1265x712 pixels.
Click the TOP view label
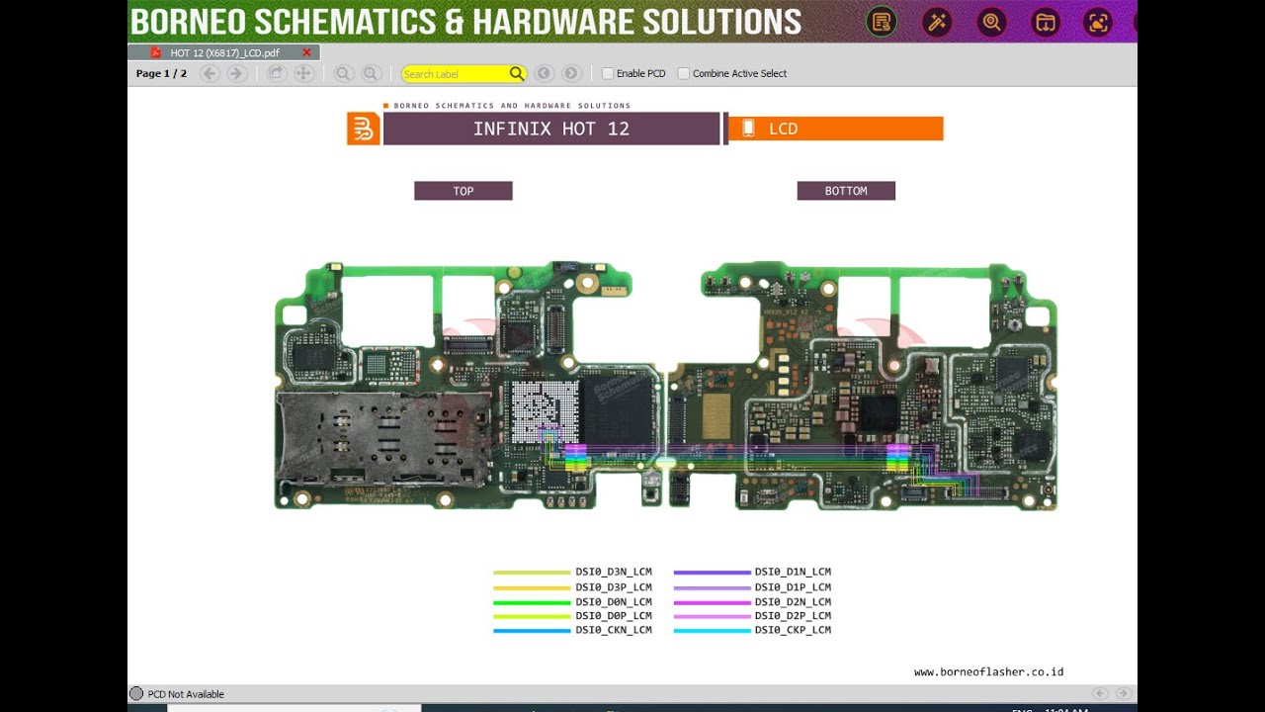tap(463, 191)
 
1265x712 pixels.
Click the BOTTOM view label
tap(846, 191)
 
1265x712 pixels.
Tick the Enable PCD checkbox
tap(608, 73)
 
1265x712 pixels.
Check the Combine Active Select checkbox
tap(683, 73)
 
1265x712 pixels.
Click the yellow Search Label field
tap(455, 74)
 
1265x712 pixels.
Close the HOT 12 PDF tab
tap(306, 52)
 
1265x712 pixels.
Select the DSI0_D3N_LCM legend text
tap(614, 572)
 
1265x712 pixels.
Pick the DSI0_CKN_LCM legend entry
tap(614, 630)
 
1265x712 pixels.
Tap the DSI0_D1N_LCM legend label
tap(793, 572)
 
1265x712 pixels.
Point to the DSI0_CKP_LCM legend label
tap(793, 630)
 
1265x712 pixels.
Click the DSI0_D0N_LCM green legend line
tap(532, 602)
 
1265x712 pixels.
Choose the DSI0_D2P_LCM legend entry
tap(793, 615)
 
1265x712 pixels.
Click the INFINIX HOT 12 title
tap(550, 129)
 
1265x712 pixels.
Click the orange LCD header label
tap(835, 129)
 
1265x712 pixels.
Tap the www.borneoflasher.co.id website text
tap(988, 672)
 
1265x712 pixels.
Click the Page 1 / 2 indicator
tap(161, 73)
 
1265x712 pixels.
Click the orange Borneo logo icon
tap(364, 129)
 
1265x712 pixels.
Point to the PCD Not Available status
tap(186, 694)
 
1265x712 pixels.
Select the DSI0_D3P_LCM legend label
tap(614, 587)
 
